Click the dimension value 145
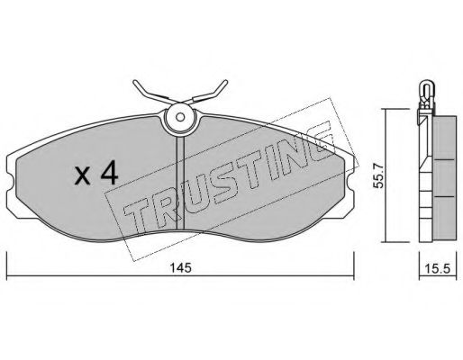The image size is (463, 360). pos(180,267)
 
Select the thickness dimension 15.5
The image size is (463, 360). pos(438,269)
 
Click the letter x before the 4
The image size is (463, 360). pos(82,176)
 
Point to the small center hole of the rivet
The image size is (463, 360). pos(180,117)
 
